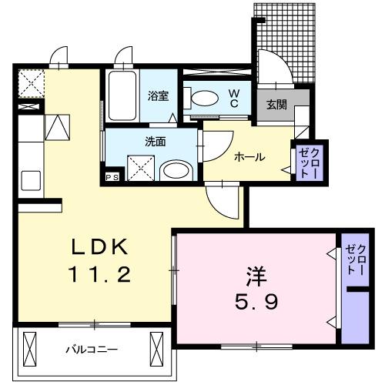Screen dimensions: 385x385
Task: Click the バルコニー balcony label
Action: (93, 349)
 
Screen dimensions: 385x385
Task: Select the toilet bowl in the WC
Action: (203, 99)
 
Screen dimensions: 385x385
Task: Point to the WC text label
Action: (235, 97)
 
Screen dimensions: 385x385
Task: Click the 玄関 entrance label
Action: (276, 105)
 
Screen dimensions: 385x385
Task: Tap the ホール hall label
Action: (249, 157)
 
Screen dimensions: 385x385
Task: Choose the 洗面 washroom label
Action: (154, 142)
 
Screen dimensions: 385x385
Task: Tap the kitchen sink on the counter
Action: (31, 181)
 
